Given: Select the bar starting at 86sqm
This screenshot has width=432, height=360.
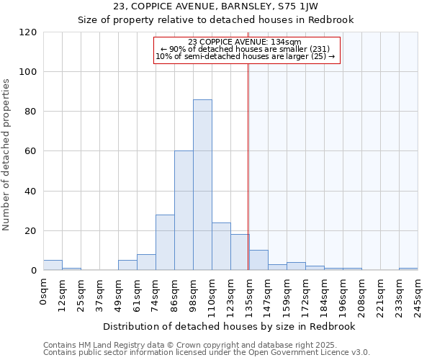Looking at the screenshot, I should (184, 211).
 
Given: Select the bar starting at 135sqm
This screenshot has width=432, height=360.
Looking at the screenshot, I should (258, 261).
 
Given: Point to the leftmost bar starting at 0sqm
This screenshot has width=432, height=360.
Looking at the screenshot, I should (53, 266).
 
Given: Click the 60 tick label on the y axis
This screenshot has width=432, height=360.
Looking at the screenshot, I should (31, 151).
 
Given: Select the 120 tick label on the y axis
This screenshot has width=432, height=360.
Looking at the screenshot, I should (28, 32).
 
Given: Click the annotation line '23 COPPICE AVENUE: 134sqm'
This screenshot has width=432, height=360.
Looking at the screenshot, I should (245, 42).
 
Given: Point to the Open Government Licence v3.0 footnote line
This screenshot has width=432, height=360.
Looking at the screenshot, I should (207, 353).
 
